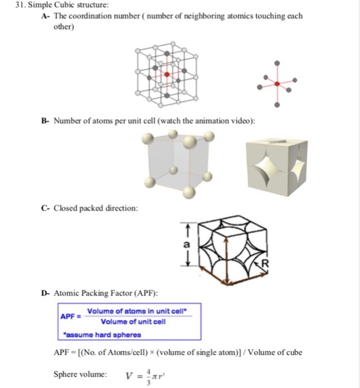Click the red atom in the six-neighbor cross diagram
277,83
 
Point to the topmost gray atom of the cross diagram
277,62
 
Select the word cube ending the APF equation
292,353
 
